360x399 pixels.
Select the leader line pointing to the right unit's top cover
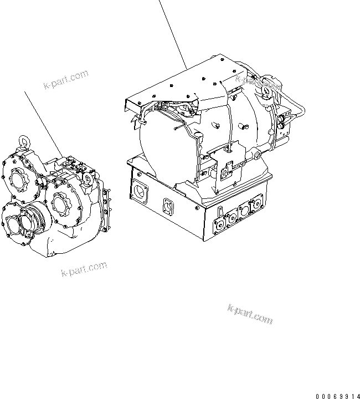click(172, 33)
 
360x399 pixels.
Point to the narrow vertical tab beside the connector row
click(220, 212)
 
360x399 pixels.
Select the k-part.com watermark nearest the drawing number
click(250, 313)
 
